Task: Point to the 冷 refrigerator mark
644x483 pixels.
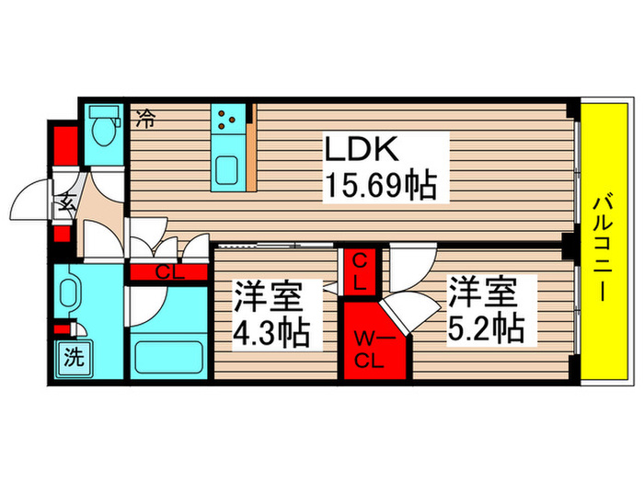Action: pyautogui.click(x=145, y=117)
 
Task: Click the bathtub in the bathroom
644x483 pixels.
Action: pyautogui.click(x=167, y=353)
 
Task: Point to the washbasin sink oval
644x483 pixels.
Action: pyautogui.click(x=70, y=296)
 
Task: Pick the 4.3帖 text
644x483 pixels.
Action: pyautogui.click(x=270, y=330)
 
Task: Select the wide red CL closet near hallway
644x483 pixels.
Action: pyautogui.click(x=167, y=272)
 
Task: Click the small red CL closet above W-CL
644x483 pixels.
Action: pyautogui.click(x=358, y=272)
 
